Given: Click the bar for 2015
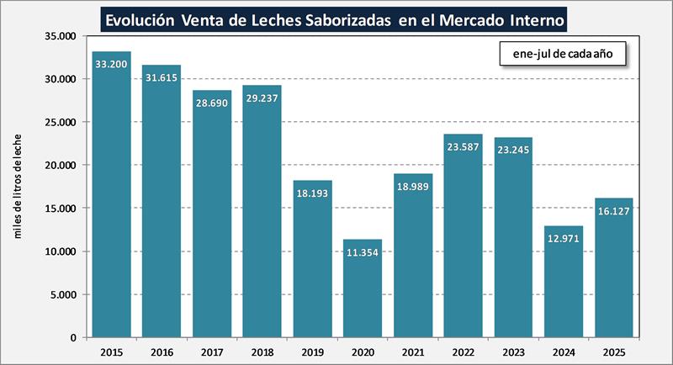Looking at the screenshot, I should pyautogui.click(x=111, y=194).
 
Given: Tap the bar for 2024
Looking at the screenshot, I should pyautogui.click(x=564, y=281).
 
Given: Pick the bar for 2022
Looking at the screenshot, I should pyautogui.click(x=464, y=235).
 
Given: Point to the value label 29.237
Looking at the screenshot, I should pyautogui.click(x=262, y=98).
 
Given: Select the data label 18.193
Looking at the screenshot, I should pyautogui.click(x=313, y=193).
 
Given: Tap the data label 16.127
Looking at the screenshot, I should pyautogui.click(x=614, y=211).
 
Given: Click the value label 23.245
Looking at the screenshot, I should pyautogui.click(x=513, y=151).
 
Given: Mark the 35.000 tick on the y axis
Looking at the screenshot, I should pyautogui.click(x=60, y=36).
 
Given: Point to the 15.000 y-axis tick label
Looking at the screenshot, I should pyautogui.click(x=60, y=209).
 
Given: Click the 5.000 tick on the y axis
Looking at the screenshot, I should pyautogui.click(x=63, y=294).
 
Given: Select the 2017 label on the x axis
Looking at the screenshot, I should pyautogui.click(x=212, y=351).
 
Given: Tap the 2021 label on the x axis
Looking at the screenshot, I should pyautogui.click(x=413, y=351).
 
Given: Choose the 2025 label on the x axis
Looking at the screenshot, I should pyautogui.click(x=614, y=351).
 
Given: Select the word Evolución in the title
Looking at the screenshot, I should pyautogui.click(x=138, y=18).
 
